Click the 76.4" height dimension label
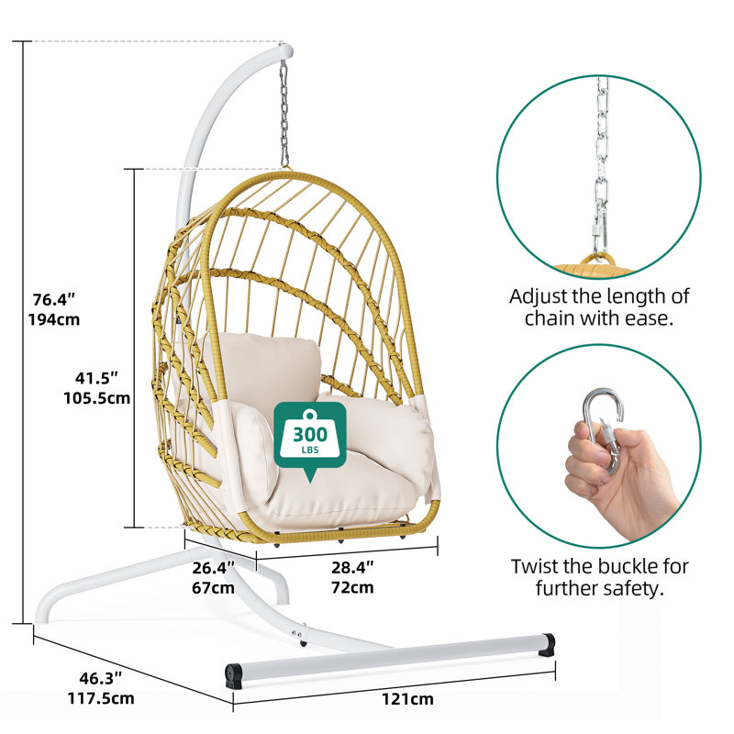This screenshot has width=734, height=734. [54, 299]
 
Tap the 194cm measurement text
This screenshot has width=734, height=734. [54, 319]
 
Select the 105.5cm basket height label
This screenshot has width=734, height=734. [97, 398]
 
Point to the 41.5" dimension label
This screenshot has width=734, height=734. [97, 377]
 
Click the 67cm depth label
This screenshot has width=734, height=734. [213, 587]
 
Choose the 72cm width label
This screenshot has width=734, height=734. [352, 587]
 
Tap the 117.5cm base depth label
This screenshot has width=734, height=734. [101, 698]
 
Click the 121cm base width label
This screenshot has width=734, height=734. [407, 699]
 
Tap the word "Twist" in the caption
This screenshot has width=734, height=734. [535, 566]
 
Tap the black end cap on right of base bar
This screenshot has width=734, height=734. [546, 644]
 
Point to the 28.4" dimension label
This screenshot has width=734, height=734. [352, 567]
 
